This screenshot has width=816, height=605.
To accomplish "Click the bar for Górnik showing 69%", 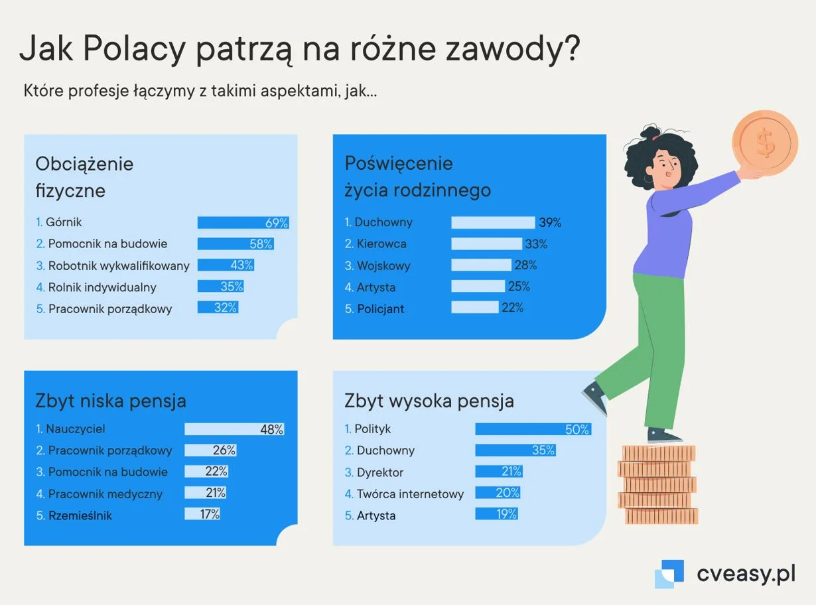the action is tap(243, 223).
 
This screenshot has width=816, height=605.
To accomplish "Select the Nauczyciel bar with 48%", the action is tap(234, 429).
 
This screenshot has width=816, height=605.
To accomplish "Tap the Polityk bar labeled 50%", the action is tap(533, 429).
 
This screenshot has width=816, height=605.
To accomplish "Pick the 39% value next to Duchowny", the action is tap(550, 223).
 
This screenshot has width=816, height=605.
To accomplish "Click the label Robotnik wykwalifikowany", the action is tap(119, 266).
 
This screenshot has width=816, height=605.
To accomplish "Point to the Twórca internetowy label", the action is tap(410, 494).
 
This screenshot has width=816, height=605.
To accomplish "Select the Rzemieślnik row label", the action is tap(80, 515).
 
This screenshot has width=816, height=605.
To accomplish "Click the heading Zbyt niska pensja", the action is tap(111, 401).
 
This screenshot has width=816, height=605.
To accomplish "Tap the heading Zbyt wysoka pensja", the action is tap(429, 401).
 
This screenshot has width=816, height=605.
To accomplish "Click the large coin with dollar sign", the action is tap(765, 143).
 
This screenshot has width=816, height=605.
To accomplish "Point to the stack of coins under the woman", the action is tap(658, 484).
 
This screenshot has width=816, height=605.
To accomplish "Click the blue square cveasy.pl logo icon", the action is tap(669, 573).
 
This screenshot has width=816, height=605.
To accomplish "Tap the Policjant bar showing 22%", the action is tap(475, 307).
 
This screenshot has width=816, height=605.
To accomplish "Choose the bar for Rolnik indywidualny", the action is tap(220, 286).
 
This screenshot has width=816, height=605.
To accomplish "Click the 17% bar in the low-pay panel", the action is tap(202, 513).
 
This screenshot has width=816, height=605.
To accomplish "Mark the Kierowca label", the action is tap(381, 243).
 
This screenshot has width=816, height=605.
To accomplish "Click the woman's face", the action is tap(666, 167).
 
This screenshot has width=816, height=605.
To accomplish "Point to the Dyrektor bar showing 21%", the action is tap(499, 472).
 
